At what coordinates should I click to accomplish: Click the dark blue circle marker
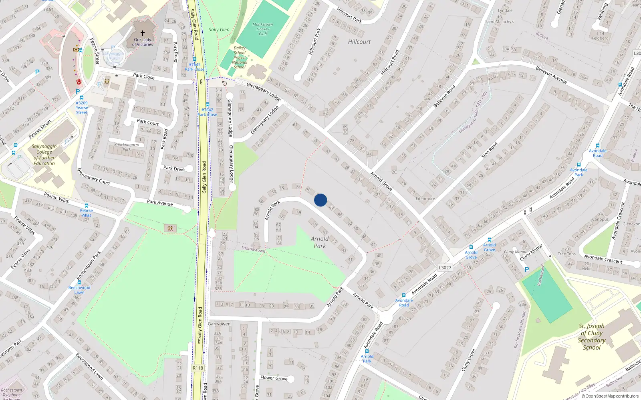click(320, 200)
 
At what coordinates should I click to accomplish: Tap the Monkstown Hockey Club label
click(263, 29)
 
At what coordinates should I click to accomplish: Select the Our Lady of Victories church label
click(143, 42)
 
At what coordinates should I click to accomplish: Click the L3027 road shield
click(445, 268)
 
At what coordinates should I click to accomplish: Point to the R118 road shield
click(198, 368)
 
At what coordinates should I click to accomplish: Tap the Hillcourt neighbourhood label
click(359, 42)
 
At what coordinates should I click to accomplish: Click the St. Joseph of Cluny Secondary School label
click(592, 336)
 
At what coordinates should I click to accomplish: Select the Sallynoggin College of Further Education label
click(44, 155)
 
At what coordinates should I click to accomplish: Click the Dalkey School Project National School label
click(240, 58)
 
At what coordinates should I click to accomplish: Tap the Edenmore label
click(425, 198)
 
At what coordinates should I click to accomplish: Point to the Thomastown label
click(253, 249)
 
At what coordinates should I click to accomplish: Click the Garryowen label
click(219, 324)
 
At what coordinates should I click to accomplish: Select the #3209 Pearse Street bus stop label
click(82, 108)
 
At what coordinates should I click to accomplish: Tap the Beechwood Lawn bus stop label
click(79, 290)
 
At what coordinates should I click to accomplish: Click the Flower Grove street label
click(274, 378)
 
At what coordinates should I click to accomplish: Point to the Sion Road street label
click(490, 150)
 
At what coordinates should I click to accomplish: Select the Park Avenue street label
click(160, 202)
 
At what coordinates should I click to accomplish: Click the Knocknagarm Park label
click(127, 147)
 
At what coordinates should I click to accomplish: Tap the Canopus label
click(601, 219)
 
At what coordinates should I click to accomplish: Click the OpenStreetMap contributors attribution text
click(610, 396)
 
